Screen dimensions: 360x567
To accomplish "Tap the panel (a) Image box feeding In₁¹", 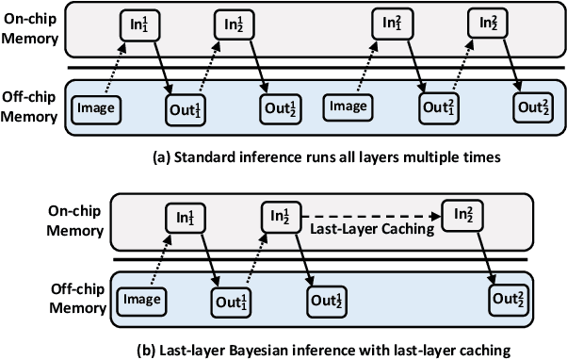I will pos(96,107).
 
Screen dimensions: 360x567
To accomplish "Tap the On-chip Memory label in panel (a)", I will pos(32,31).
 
